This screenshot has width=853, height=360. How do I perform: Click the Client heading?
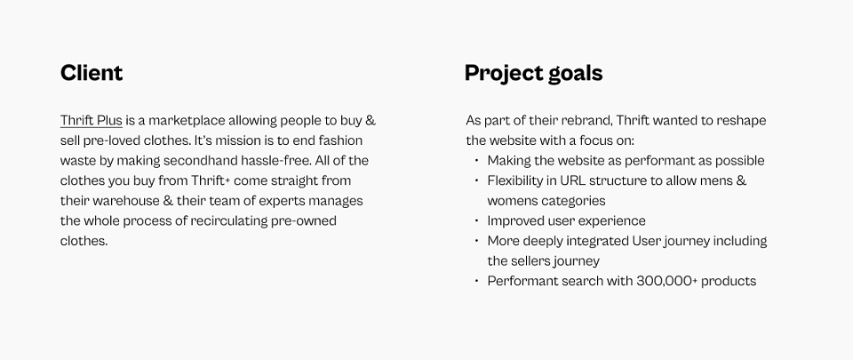92,73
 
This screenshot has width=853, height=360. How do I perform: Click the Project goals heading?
534,74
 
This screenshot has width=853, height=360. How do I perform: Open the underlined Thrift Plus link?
91,120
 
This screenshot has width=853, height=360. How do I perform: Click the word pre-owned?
304,221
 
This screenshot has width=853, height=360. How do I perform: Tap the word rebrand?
589,120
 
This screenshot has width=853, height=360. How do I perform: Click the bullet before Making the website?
476,160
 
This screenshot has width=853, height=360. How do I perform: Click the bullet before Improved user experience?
476,220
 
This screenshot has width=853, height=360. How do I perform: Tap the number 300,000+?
667,281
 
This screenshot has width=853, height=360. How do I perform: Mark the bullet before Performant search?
476,281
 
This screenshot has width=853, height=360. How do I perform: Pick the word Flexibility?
514,180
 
